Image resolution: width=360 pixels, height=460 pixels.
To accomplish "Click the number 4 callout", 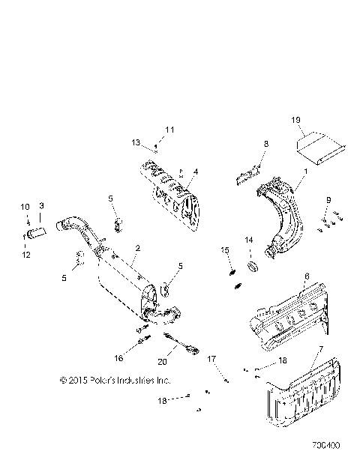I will [196, 172].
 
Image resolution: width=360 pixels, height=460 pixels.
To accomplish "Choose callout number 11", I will [169, 130].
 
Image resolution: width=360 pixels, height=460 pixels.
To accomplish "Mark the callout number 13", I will [136, 142].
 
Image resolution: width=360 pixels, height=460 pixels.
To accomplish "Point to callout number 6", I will [306, 276].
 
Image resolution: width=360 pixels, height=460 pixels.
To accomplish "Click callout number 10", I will [23, 206].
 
